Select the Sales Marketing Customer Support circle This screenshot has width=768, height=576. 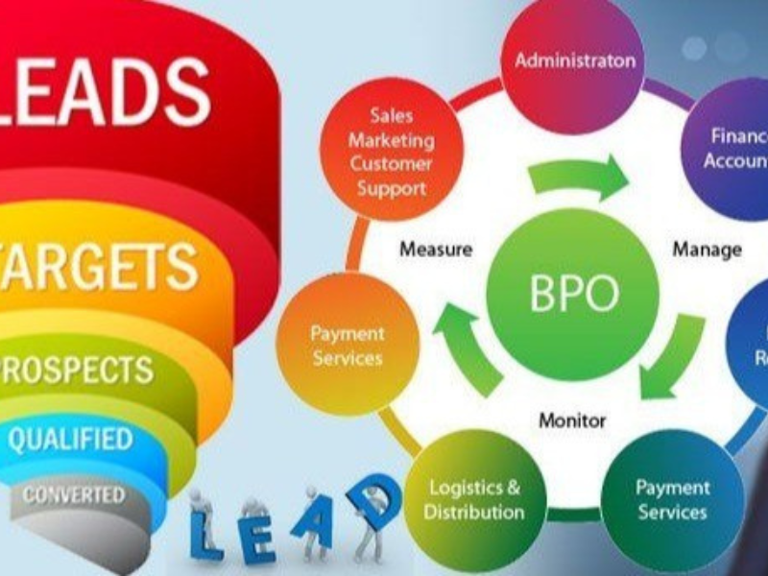(391, 152)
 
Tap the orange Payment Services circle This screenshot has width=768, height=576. (346, 345)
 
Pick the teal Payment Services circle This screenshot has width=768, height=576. (672, 499)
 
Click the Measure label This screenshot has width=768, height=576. (436, 250)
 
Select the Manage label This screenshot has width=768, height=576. (707, 250)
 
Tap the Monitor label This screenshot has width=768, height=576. (572, 420)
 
